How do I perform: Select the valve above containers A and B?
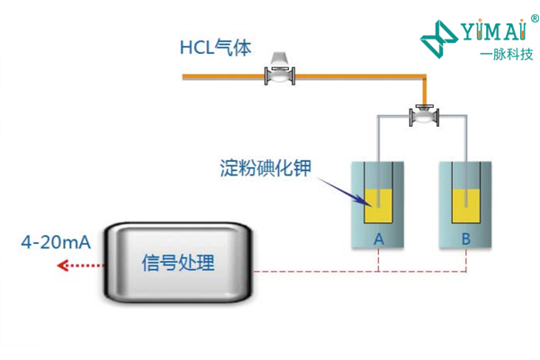pos(422,116)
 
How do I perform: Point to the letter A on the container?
pos(379,238)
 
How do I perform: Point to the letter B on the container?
pos(465,238)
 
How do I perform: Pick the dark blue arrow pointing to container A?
pos(341,188)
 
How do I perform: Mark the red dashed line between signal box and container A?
pos(315,271)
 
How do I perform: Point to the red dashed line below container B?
pos(465,260)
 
